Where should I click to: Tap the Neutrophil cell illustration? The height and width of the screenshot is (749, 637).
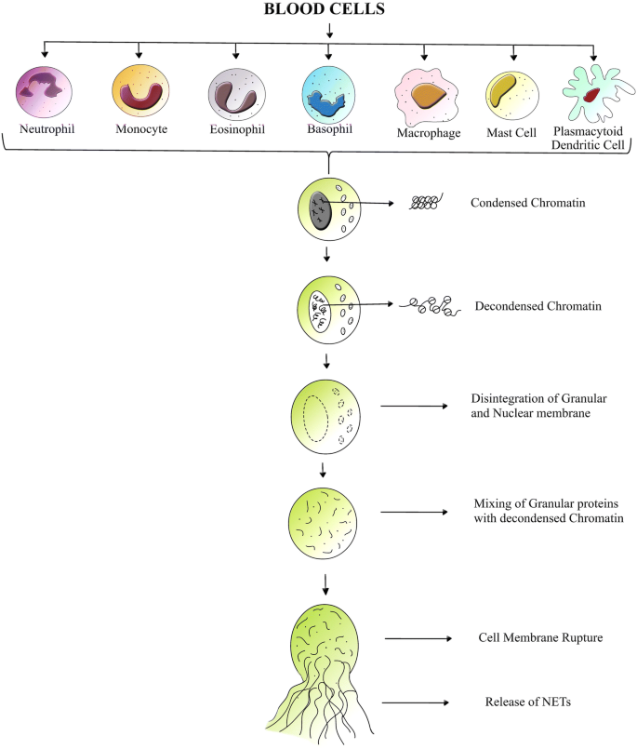[44, 90]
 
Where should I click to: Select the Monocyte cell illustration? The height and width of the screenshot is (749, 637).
[138, 90]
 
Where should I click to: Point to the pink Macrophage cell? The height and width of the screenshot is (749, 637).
[426, 96]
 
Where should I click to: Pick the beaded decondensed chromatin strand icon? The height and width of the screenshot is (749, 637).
[430, 305]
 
